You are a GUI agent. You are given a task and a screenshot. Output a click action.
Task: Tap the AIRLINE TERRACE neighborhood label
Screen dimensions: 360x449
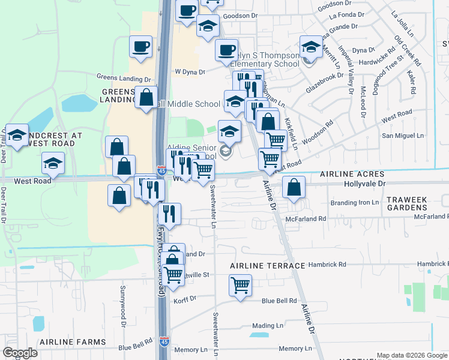pos(268,265)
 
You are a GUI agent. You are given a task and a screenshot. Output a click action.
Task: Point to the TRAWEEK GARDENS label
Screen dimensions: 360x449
pos(415,203)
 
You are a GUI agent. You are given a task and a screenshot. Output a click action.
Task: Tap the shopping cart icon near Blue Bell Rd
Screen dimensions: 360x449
pos(241,286)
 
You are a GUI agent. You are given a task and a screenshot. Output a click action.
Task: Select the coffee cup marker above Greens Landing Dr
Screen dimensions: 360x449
pos(141,47)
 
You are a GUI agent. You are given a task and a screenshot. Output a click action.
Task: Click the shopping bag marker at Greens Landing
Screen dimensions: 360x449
pos(146,97)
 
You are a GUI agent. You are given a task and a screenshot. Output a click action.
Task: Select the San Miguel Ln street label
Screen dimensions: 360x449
pos(403,137)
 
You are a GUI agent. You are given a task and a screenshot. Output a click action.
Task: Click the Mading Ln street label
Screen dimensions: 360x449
pos(268,326)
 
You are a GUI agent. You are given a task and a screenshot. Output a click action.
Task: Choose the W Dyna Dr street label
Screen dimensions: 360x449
pos(190,72)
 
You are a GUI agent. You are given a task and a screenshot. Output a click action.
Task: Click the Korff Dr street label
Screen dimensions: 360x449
pos(184,299)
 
